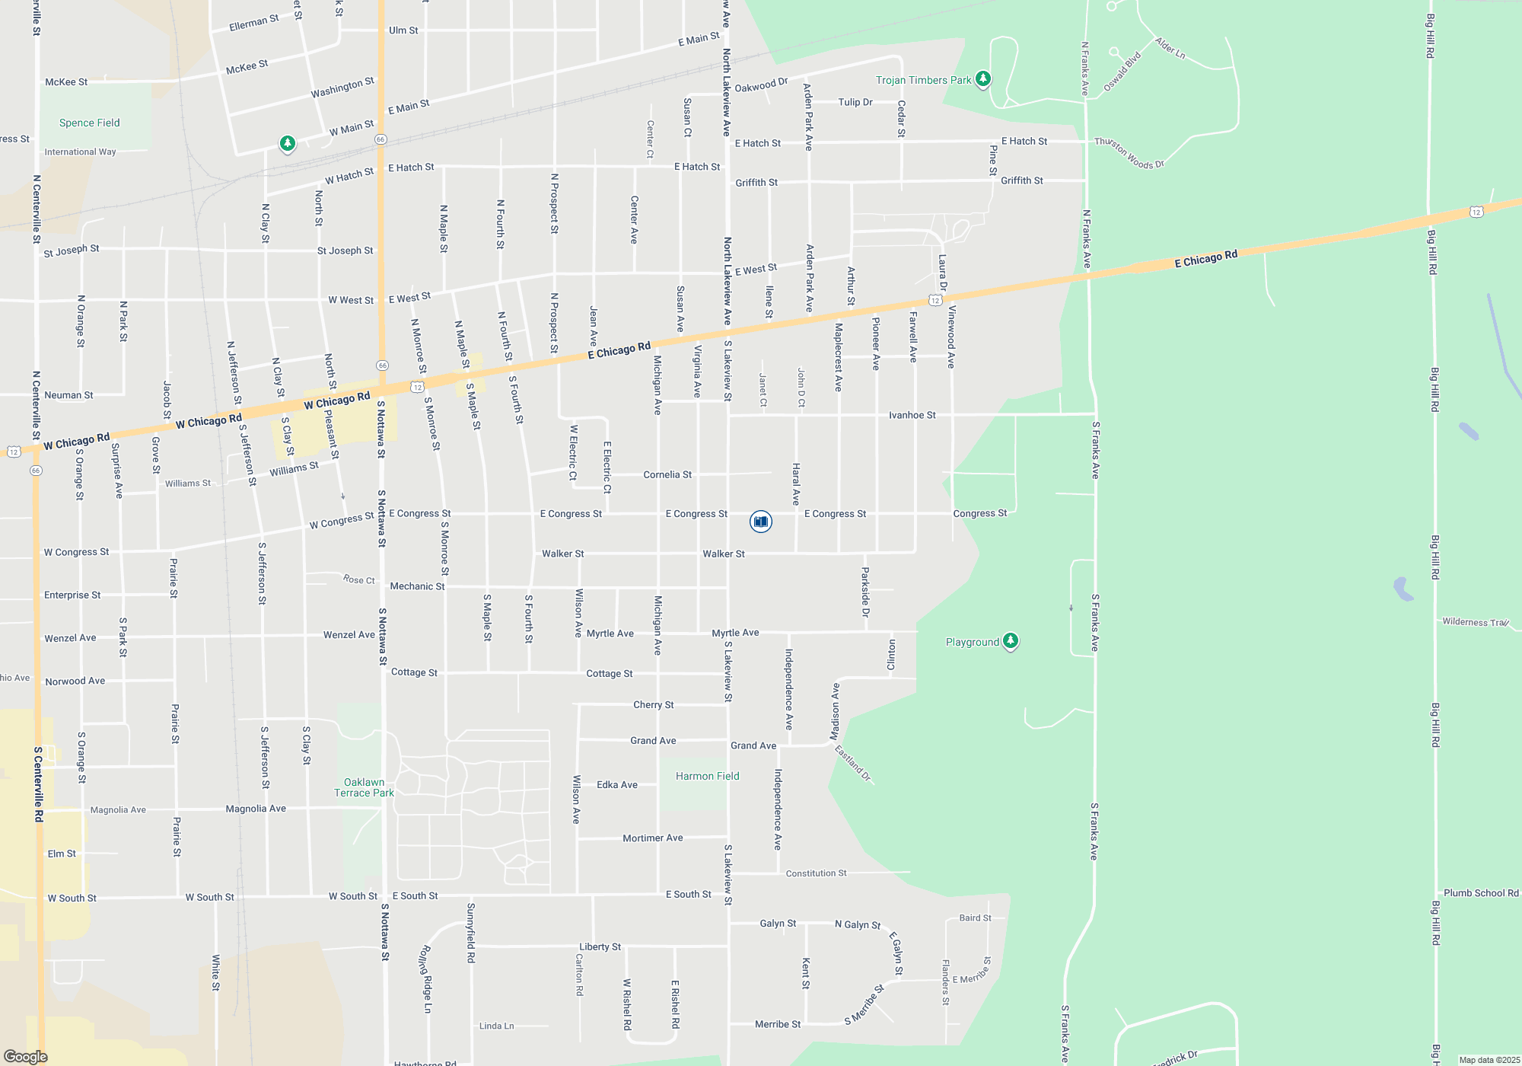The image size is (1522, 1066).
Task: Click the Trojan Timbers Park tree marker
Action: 982,79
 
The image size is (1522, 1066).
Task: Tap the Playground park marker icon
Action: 1010,641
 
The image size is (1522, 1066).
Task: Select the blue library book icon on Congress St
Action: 760,521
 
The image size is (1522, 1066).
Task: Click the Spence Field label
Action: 89,123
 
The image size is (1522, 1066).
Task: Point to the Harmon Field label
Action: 707,776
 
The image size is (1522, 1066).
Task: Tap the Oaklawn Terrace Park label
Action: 364,787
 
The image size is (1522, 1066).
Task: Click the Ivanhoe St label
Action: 912,415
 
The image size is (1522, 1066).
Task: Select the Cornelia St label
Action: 667,474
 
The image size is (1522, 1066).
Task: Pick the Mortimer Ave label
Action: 652,838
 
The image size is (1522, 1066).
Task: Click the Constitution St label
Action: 816,873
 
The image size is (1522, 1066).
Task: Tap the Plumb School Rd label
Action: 1480,893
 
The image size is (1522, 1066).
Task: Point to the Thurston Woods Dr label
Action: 1129,153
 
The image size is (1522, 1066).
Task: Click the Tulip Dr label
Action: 855,102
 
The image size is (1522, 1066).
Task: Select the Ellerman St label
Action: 253,23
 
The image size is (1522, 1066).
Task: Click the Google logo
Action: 25,1057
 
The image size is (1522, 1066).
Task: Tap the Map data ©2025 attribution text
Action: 1489,1060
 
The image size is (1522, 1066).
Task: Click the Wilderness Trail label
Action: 1476,622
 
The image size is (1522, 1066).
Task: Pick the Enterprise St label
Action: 72,595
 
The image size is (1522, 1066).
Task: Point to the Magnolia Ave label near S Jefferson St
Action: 256,809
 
